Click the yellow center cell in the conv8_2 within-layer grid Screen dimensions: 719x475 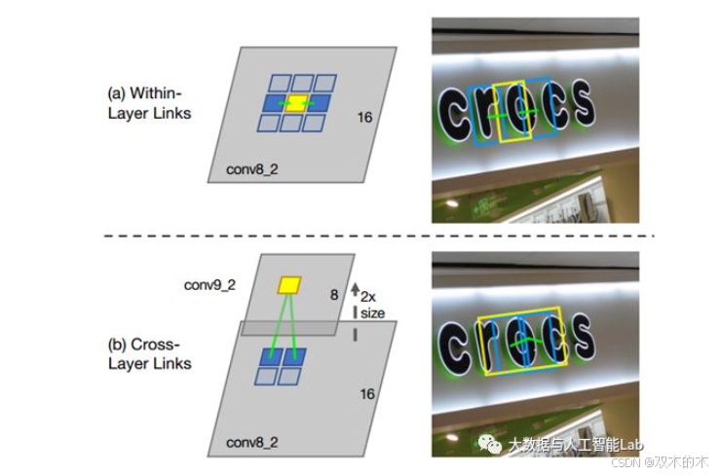coord(299,102)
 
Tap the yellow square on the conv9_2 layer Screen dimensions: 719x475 coord(289,285)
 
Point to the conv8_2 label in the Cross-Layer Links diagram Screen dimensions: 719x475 coord(250,442)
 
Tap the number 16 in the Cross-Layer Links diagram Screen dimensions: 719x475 coord(366,393)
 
